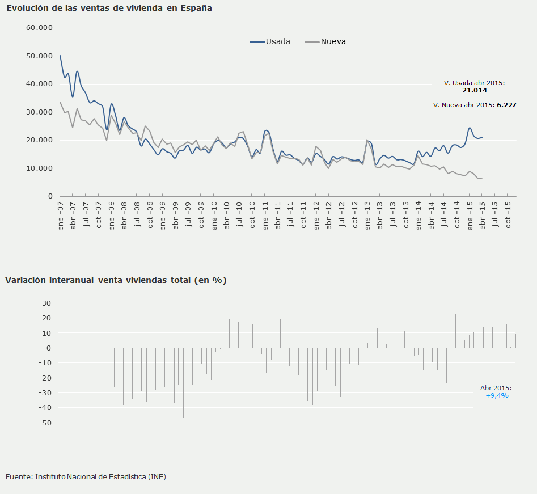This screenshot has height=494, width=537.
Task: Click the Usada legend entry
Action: [270, 41]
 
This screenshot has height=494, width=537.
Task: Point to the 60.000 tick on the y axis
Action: [39, 28]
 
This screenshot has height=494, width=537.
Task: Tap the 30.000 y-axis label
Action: [39, 112]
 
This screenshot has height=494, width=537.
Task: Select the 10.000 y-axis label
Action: [39, 168]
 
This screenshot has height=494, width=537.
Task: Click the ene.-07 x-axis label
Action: [60, 216]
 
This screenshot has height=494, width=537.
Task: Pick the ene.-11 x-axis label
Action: [265, 216]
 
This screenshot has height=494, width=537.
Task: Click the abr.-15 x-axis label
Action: [483, 216]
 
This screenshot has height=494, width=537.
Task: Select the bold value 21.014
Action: [474, 90]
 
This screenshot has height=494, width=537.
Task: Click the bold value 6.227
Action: [506, 105]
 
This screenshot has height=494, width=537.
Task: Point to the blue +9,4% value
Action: [497, 395]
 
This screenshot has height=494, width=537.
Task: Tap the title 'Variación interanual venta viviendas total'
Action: [116, 280]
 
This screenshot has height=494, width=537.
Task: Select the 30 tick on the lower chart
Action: [47, 303]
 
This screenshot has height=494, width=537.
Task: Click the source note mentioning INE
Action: [86, 476]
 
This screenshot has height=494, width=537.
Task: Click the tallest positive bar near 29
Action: [257, 326]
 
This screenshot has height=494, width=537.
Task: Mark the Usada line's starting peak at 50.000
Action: [60, 56]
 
